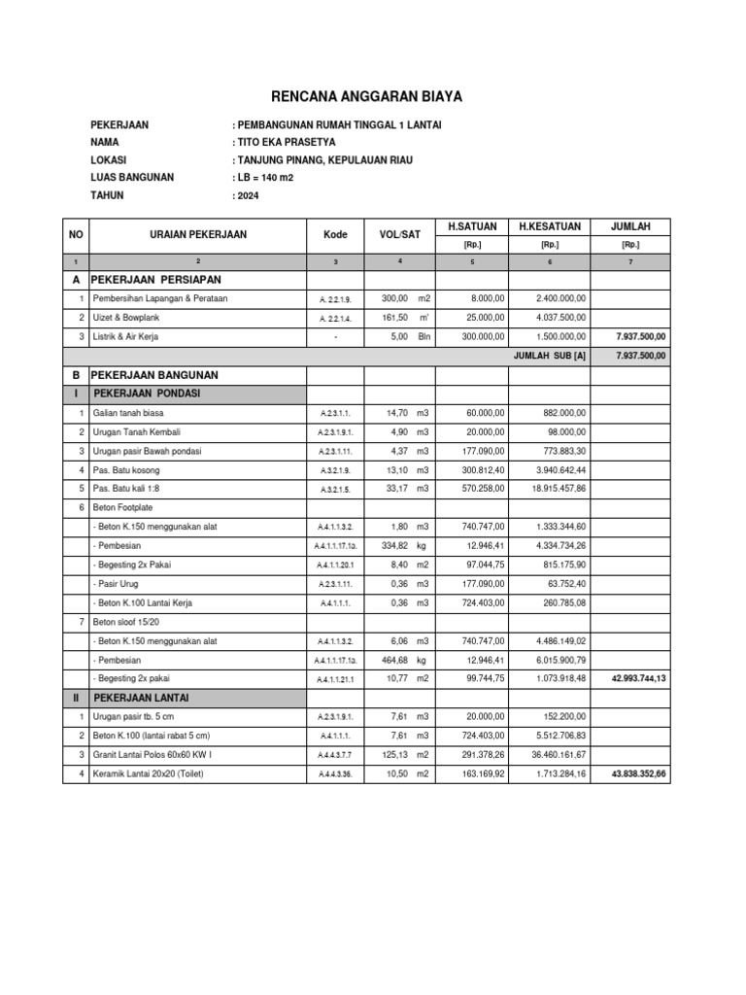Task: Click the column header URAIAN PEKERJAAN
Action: pos(198,234)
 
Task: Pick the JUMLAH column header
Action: pos(630,226)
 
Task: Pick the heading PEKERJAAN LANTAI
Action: pos(141,697)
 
